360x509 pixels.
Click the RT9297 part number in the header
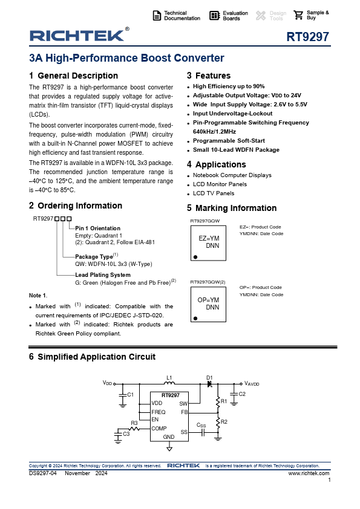[x=308, y=37]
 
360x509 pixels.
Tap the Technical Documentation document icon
[x=157, y=16]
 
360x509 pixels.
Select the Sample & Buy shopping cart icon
[x=298, y=15]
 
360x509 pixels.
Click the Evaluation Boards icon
[x=214, y=15]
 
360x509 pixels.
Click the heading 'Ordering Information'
[x=80, y=206]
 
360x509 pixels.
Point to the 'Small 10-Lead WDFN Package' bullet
[x=236, y=150]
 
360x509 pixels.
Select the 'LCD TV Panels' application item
[x=214, y=193]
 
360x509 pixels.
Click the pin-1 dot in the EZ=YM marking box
[x=195, y=257]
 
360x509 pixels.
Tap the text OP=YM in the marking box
[x=208, y=300]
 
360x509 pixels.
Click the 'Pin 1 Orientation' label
[x=98, y=229]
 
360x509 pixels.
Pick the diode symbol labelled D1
[x=209, y=384]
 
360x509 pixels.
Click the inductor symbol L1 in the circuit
[x=169, y=383]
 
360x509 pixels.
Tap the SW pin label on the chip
[x=183, y=403]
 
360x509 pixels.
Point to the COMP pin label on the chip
[x=159, y=429]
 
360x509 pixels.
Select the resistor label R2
[x=224, y=422]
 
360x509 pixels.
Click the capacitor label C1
[x=130, y=395]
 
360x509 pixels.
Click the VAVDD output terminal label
[x=252, y=384]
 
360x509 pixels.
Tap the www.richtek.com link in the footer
[x=309, y=473]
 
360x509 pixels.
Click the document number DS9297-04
[x=43, y=473]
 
